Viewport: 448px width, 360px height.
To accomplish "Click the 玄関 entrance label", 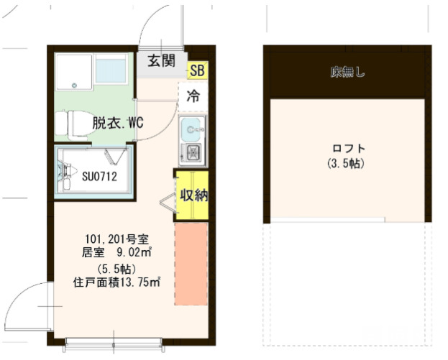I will [162, 61].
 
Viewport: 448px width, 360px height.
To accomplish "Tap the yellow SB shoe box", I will [197, 70].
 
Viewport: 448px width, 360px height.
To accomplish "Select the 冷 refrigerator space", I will [193, 96].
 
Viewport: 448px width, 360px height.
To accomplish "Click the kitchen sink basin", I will [193, 131].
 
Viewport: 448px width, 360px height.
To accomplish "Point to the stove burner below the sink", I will [193, 152].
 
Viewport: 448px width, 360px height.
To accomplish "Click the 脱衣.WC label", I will [117, 122].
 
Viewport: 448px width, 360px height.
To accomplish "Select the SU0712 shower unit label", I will [99, 175].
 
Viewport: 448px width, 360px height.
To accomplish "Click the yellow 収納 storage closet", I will [193, 195].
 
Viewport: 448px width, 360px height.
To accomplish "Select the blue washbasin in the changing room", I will [111, 71].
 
